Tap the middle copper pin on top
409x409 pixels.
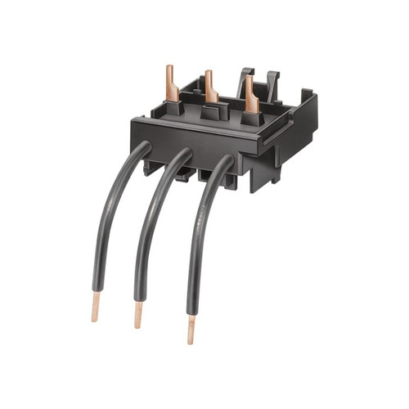[211, 86]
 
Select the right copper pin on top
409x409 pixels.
[250, 96]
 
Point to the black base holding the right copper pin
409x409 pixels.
[251, 120]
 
